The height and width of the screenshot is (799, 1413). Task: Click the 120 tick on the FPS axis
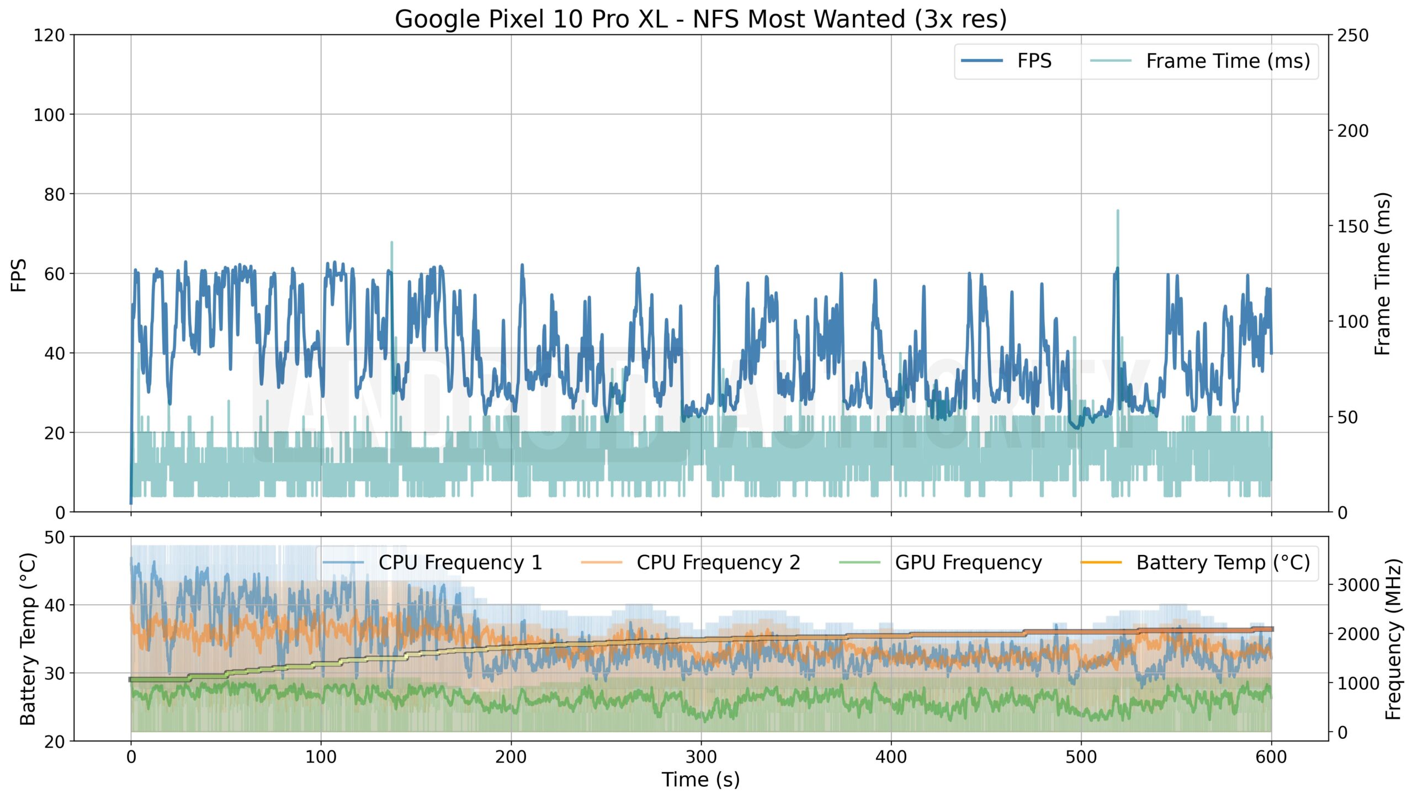pyautogui.click(x=49, y=35)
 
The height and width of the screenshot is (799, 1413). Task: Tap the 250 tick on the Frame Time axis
pyautogui.click(x=1353, y=35)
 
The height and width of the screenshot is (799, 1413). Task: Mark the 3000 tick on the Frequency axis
pyautogui.click(x=1358, y=585)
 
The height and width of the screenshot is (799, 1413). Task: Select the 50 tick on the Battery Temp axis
pyautogui.click(x=55, y=537)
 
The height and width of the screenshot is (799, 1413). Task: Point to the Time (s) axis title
pyautogui.click(x=700, y=780)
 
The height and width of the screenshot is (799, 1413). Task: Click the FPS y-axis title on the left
pyautogui.click(x=19, y=274)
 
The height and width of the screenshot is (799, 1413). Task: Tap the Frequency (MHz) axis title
pyautogui.click(x=1394, y=639)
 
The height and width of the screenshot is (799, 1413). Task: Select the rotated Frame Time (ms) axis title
pyautogui.click(x=1382, y=274)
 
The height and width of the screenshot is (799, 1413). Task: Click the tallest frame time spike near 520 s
pyautogui.click(x=1118, y=211)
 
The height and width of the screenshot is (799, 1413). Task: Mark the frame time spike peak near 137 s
pyautogui.click(x=392, y=242)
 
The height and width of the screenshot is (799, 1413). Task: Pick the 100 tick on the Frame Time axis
pyautogui.click(x=1353, y=321)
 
